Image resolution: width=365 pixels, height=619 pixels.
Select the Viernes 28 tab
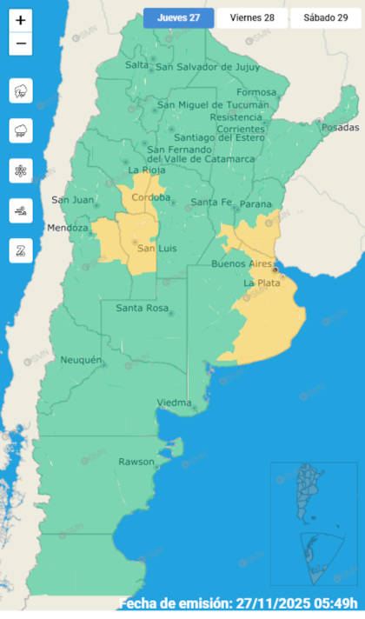[x=251, y=18]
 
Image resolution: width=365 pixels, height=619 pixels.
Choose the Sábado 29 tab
[x=324, y=18]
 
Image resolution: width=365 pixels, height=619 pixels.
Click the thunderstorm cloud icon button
[x=21, y=91]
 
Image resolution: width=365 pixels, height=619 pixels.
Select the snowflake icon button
[x=21, y=171]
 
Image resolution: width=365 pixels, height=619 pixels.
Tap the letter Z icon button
[x=21, y=251]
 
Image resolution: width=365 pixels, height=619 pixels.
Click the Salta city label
[x=136, y=65]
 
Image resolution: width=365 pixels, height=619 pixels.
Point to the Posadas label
[x=339, y=128]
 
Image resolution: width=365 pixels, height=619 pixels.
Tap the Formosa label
[x=255, y=92]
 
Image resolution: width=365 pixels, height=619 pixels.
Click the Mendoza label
[x=69, y=229]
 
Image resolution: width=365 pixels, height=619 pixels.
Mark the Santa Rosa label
[x=142, y=309]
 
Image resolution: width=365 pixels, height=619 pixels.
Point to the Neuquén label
[x=81, y=360]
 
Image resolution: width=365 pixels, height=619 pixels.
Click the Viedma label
[x=175, y=403]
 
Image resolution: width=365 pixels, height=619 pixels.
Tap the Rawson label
[x=136, y=462]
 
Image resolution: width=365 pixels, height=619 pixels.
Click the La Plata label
[x=261, y=283]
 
